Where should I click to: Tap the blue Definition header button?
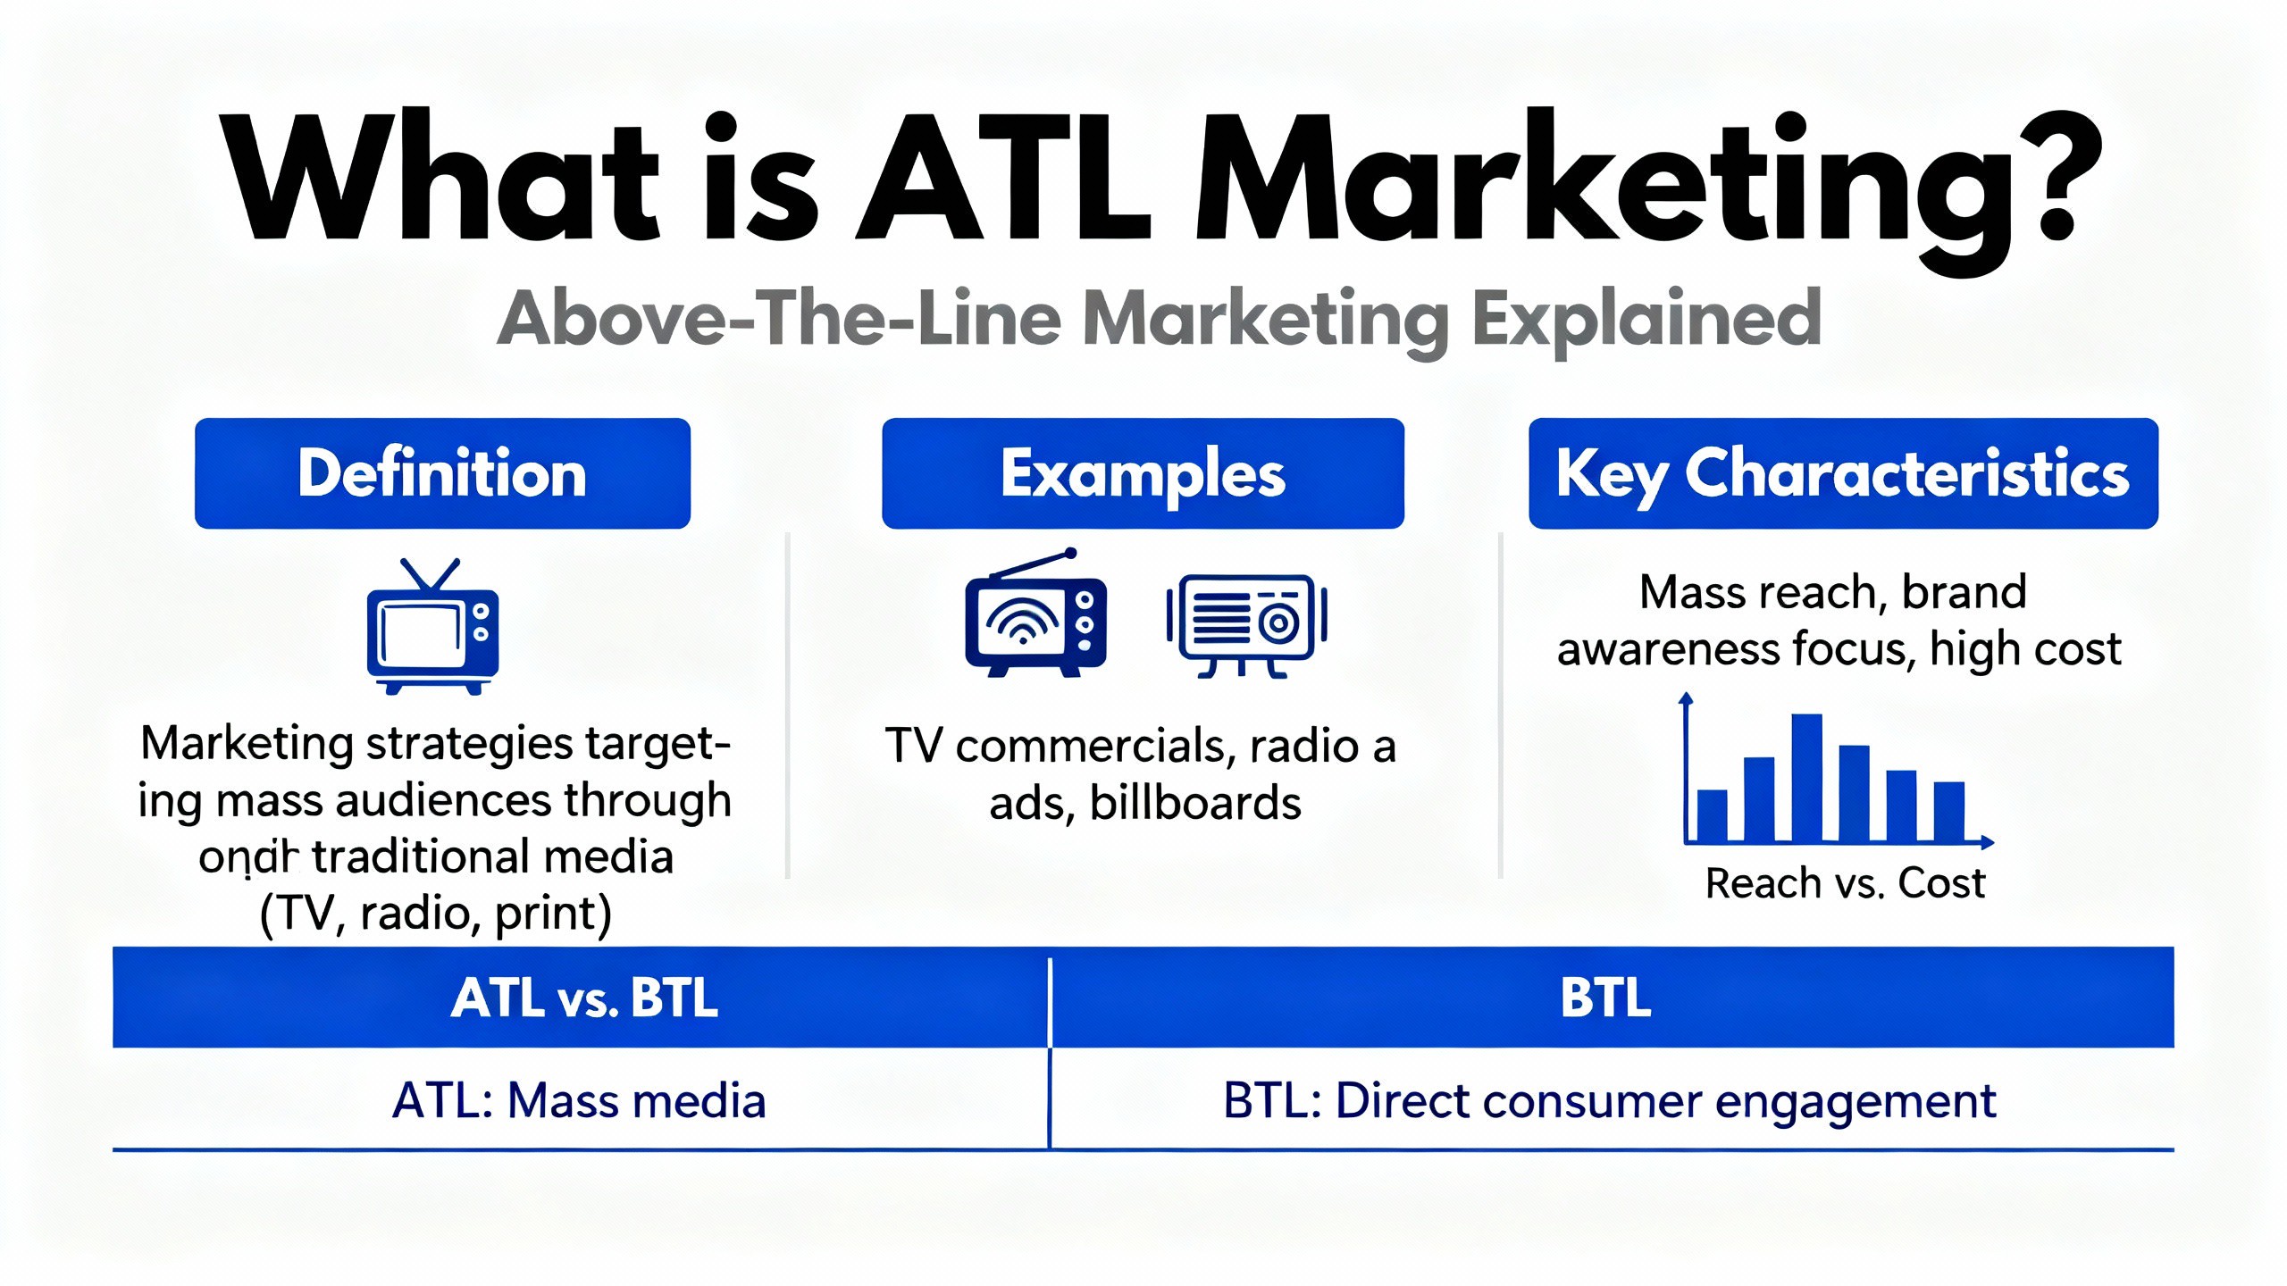[442, 473]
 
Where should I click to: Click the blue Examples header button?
[1143, 473]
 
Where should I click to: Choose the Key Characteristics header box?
[1843, 473]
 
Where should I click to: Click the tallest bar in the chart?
[1806, 777]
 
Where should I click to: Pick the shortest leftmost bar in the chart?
[1712, 815]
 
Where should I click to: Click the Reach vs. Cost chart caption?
[1845, 883]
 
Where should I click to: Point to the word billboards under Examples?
[1195, 803]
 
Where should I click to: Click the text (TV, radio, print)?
[436, 914]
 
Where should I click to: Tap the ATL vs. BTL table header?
[583, 998]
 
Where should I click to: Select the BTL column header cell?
[1605, 998]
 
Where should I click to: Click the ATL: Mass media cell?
[579, 1100]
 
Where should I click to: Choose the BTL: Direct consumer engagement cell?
[1608, 1100]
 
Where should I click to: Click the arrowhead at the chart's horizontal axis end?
[1987, 841]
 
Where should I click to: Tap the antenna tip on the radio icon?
[1070, 554]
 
